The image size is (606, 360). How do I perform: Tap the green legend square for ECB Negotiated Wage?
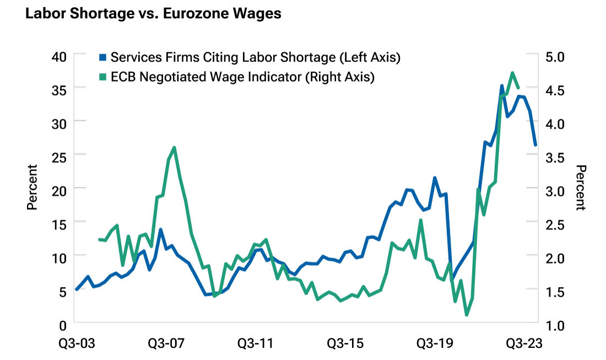coord(102,77)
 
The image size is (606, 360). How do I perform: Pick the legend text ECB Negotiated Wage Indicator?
coord(242,77)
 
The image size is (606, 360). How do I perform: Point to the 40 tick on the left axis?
coord(59,57)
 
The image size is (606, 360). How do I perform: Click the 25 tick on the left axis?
coord(59,157)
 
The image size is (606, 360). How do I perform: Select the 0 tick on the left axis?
coord(62,324)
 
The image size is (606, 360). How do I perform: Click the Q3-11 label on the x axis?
coord(255,343)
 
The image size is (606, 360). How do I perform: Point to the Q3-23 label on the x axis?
coord(524,343)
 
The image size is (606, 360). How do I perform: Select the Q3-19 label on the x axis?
coord(435,343)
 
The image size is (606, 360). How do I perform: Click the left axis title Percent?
coord(33,187)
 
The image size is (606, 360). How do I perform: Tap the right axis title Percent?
coord(579,187)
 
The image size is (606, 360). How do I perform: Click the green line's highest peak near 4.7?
coord(512,73)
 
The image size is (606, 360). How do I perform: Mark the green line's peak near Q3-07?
coord(174,148)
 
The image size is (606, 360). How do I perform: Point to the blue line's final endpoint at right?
coord(535,145)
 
